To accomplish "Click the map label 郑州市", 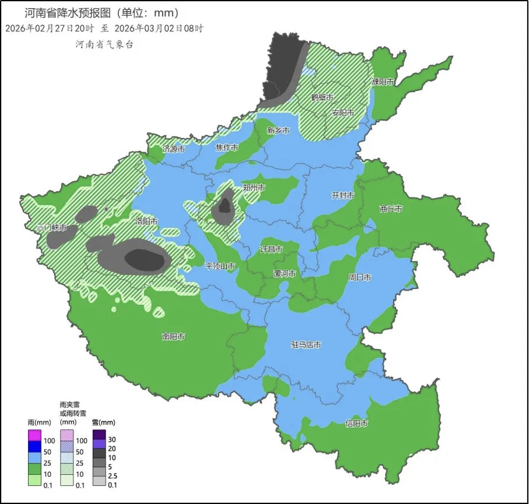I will click(x=254, y=188).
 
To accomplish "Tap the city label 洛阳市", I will click(x=146, y=221).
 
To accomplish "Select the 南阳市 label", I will click(x=173, y=337).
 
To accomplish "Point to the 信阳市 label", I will click(x=356, y=424).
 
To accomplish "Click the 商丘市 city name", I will click(x=391, y=208).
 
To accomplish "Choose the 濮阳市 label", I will click(x=383, y=82).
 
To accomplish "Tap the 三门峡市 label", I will click(x=52, y=227).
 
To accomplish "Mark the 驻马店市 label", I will click(x=306, y=345).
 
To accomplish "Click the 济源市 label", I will click(x=174, y=149).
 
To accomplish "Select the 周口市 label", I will click(x=360, y=277).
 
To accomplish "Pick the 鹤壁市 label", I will click(x=322, y=97).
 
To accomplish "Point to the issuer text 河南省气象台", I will click(x=104, y=44).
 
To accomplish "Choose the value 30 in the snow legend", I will click(x=113, y=439).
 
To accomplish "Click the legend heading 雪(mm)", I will click(x=104, y=422).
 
